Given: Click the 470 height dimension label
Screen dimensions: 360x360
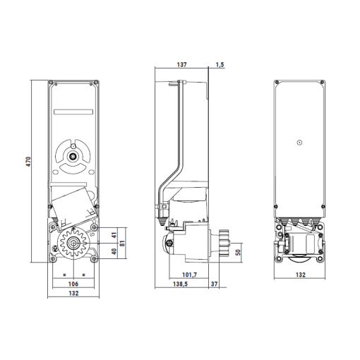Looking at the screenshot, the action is (28, 162).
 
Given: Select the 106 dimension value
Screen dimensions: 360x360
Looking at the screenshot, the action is (73, 284).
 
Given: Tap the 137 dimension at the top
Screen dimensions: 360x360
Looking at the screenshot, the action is (181, 64).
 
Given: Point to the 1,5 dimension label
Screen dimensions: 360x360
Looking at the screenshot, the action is (220, 64).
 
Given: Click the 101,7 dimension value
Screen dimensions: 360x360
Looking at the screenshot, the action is (189, 275).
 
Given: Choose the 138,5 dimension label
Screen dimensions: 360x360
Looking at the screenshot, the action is (180, 284).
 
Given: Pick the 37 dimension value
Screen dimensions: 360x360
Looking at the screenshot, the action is (214, 284).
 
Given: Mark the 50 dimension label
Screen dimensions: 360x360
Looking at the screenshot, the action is (238, 252).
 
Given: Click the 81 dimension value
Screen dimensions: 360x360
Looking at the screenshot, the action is (122, 244).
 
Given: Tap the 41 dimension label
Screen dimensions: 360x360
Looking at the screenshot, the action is (114, 235).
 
